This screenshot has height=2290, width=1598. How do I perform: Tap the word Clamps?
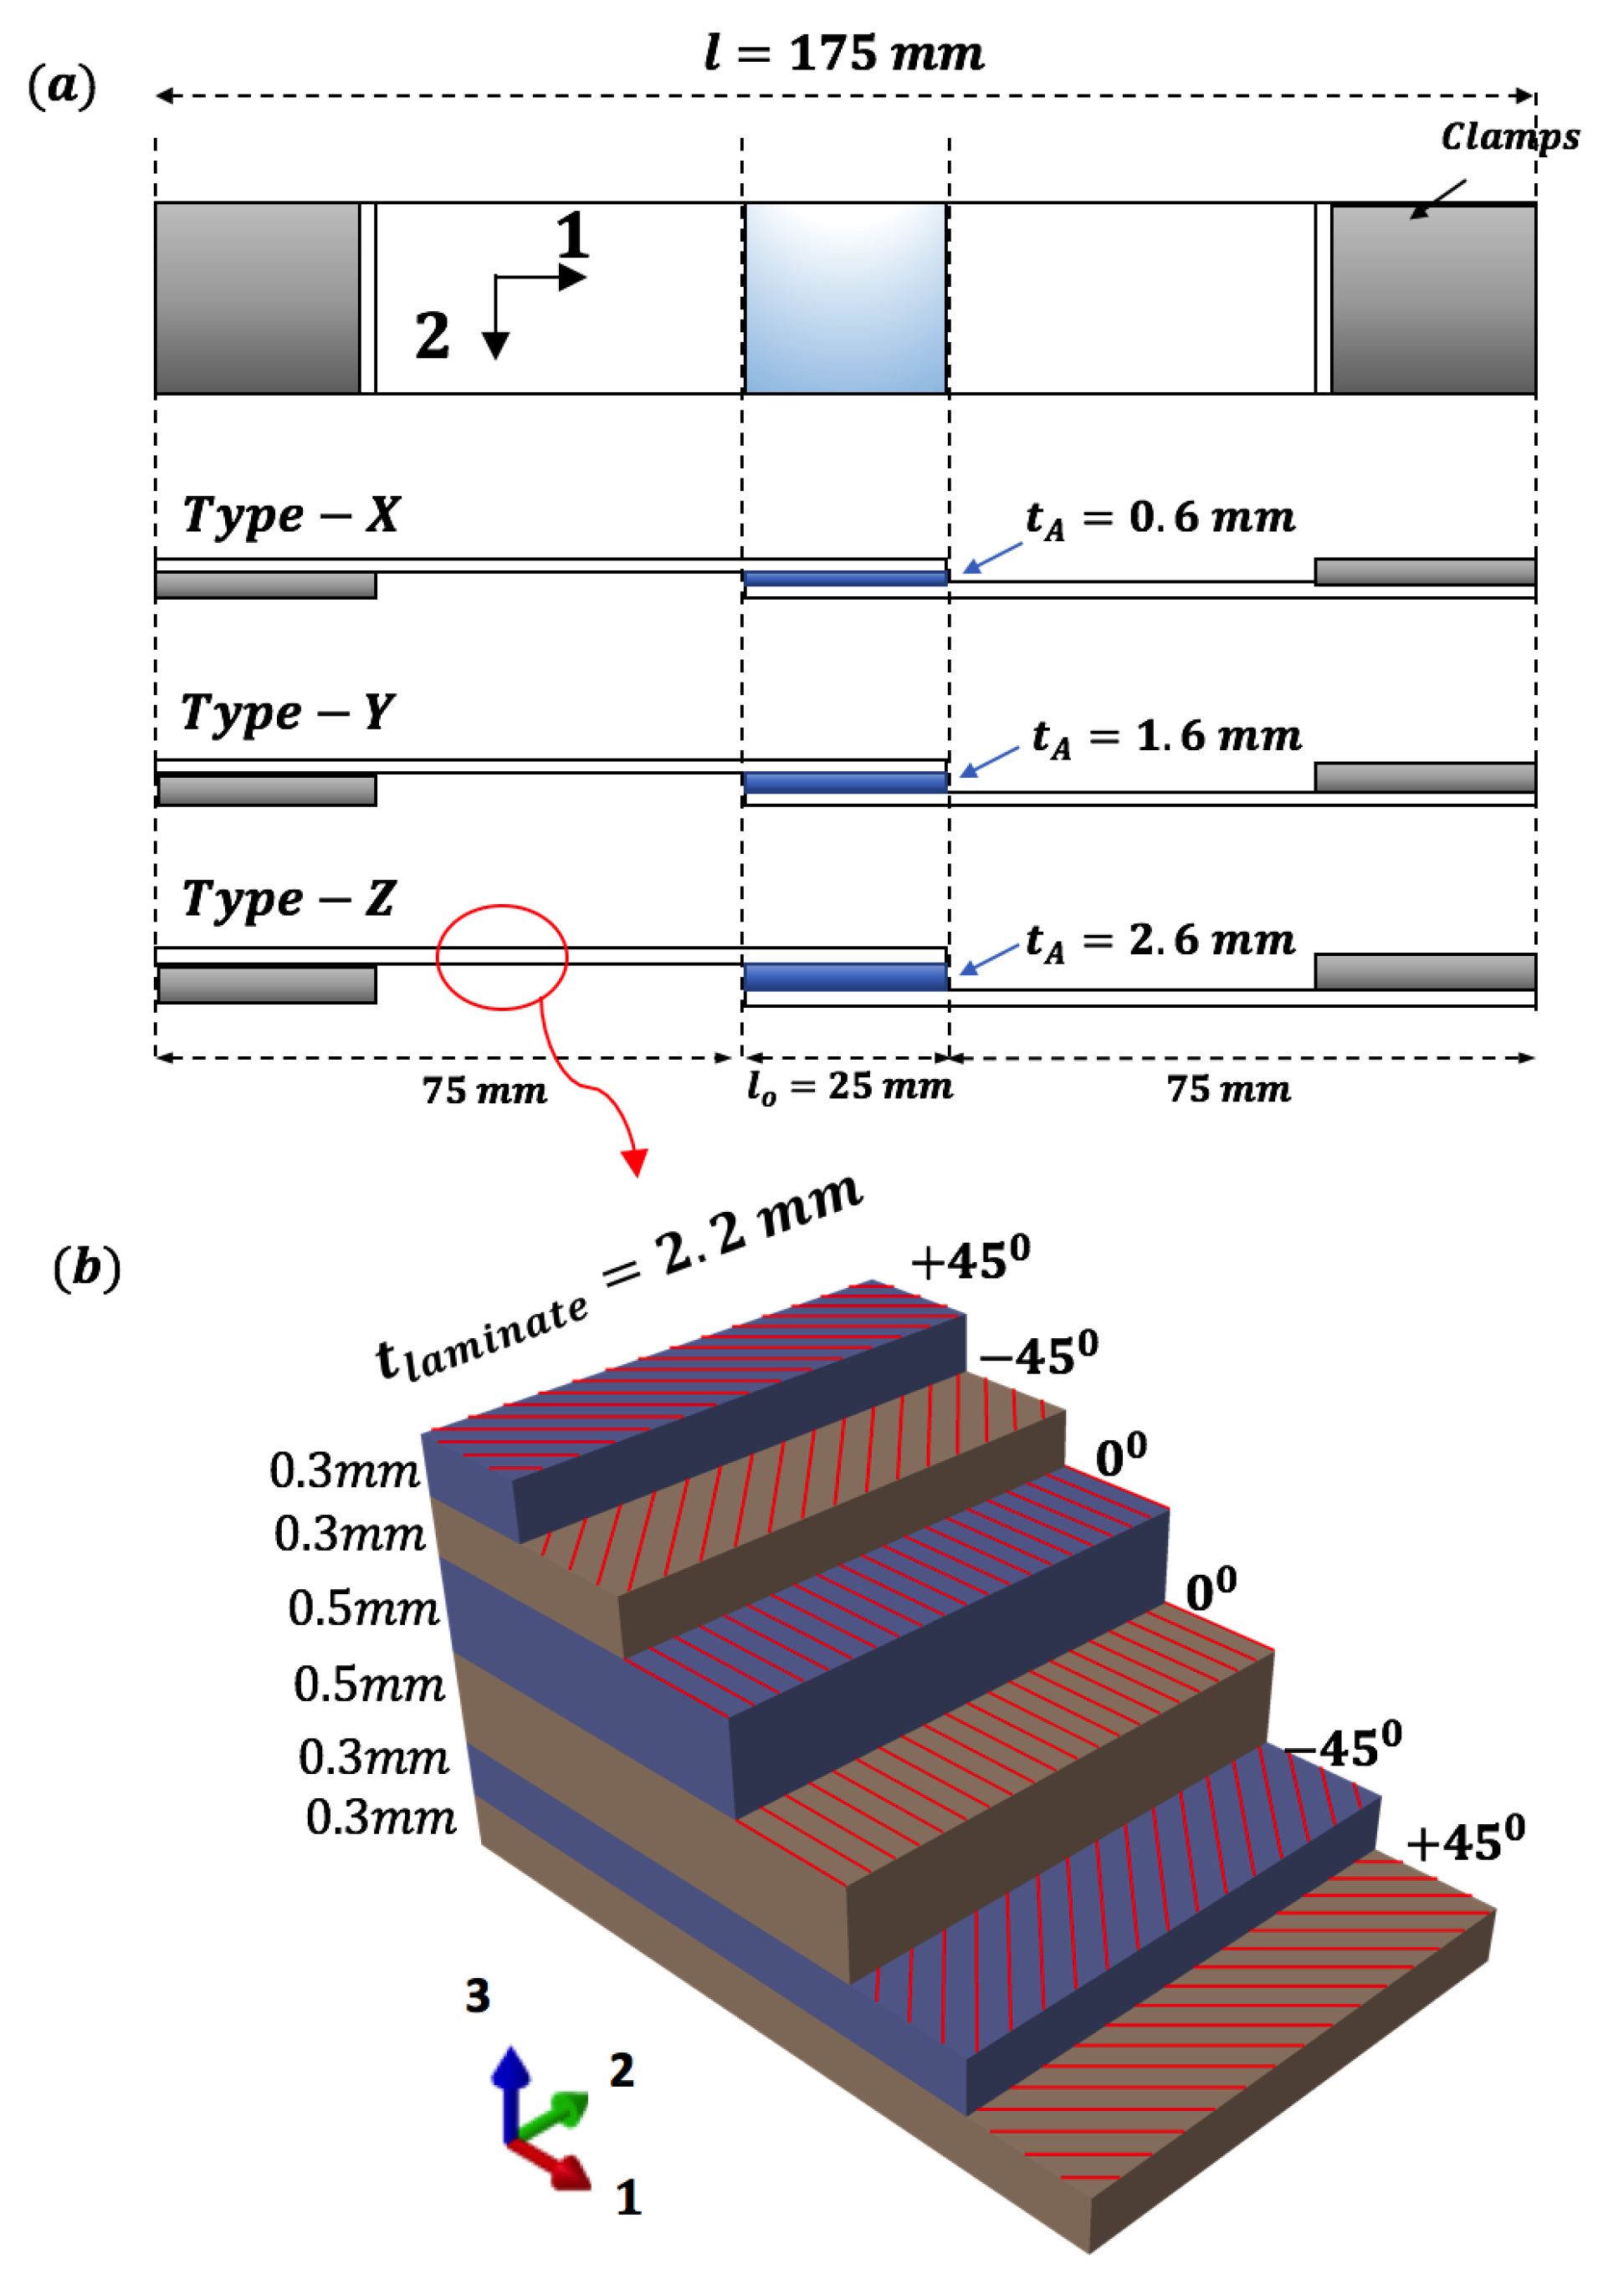point(1508,136)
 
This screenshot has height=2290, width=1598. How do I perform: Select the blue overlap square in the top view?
point(845,299)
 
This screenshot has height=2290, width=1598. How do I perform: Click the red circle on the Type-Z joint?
point(502,957)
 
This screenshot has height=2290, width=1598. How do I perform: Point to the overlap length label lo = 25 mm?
point(850,1086)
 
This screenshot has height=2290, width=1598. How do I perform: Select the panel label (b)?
point(87,1268)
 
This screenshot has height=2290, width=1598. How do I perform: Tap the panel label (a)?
point(62,86)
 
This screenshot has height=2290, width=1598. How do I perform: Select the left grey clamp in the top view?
point(258,299)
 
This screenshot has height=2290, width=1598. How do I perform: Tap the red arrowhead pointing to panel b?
point(634,1161)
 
